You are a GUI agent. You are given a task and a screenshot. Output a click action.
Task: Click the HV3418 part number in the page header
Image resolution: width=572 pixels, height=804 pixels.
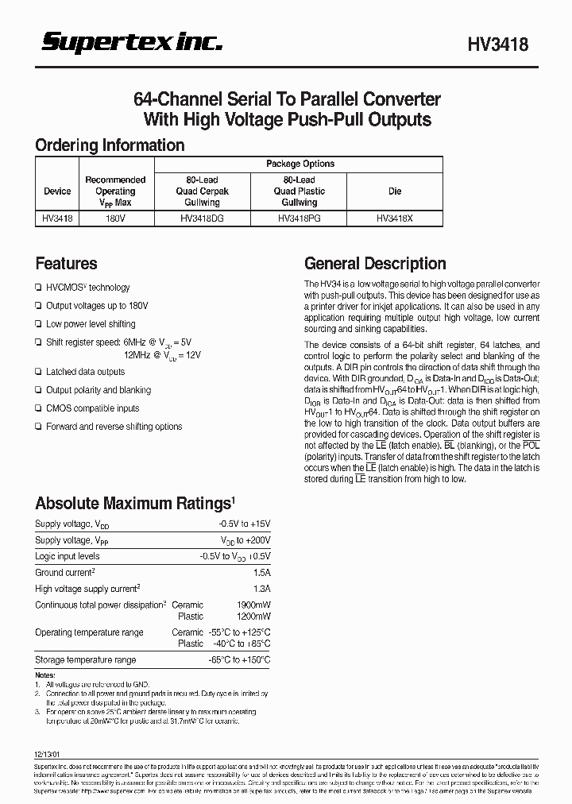point(496,46)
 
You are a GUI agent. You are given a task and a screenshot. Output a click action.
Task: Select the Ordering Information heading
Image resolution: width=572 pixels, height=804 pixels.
point(110,145)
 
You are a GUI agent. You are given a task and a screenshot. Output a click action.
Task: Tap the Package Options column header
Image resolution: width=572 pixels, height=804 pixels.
point(300,164)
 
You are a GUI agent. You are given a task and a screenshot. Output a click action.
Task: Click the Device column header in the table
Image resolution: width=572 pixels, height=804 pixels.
point(57,191)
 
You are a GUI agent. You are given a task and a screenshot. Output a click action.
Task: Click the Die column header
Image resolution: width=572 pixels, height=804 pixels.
point(395,191)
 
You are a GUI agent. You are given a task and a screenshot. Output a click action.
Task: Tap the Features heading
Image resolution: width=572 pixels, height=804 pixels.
point(66,264)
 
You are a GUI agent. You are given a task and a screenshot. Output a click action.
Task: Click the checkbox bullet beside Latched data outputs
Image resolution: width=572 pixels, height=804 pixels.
point(38,372)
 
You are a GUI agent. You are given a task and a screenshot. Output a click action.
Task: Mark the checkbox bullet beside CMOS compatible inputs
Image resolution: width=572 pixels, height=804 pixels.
point(38,408)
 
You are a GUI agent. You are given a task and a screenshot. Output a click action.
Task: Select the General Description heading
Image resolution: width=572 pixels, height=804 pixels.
point(375,264)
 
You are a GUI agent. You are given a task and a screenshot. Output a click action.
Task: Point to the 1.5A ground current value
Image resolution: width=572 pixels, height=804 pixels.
point(261,573)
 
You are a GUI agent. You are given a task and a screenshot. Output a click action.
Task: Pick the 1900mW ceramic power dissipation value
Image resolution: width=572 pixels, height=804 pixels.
point(253,605)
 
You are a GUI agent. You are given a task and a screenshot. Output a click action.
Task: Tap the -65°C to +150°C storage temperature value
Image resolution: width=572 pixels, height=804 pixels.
point(240,660)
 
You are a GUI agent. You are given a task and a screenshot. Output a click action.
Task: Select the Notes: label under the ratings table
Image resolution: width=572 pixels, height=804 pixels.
point(45,675)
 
